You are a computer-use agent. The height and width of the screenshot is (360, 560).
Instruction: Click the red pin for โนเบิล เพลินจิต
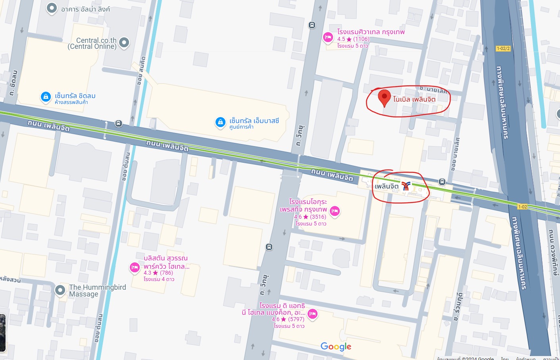[x=384, y=97]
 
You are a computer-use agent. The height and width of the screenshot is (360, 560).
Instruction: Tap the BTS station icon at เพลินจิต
[x=406, y=186]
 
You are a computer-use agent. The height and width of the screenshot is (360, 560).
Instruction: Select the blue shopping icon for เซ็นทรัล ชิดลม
[x=46, y=97]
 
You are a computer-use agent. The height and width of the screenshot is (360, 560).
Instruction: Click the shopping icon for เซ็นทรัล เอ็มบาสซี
[x=220, y=122]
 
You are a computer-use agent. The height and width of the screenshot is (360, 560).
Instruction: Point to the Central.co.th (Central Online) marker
[x=124, y=42]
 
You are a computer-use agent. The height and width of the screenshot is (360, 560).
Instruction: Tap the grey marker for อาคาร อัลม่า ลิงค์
[x=52, y=8]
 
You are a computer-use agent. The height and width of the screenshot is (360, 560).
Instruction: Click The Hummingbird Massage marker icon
[x=60, y=290]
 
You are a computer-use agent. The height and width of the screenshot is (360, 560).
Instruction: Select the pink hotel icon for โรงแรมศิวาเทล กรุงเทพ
[x=328, y=37]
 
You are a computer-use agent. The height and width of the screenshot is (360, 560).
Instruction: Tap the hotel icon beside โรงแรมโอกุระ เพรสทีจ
[x=335, y=211]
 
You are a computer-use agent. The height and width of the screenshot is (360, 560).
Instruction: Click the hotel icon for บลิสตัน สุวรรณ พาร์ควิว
[x=135, y=268]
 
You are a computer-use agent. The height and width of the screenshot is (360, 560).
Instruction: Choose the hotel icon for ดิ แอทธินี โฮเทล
[x=312, y=314]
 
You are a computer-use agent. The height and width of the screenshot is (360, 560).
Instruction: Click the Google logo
[x=336, y=347]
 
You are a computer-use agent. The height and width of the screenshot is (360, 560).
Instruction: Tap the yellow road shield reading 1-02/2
[x=503, y=48]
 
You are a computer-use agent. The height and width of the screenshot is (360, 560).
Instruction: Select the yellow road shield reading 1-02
[x=522, y=207]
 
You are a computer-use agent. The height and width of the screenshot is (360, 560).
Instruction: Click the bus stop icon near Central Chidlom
[x=118, y=123]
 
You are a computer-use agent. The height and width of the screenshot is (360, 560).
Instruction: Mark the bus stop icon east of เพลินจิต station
[x=442, y=182]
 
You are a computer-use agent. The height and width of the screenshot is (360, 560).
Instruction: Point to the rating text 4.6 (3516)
[x=310, y=217]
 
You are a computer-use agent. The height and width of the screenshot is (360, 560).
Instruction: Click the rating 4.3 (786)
[x=158, y=273]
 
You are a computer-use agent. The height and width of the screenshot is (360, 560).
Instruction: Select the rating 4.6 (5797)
[x=288, y=319]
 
